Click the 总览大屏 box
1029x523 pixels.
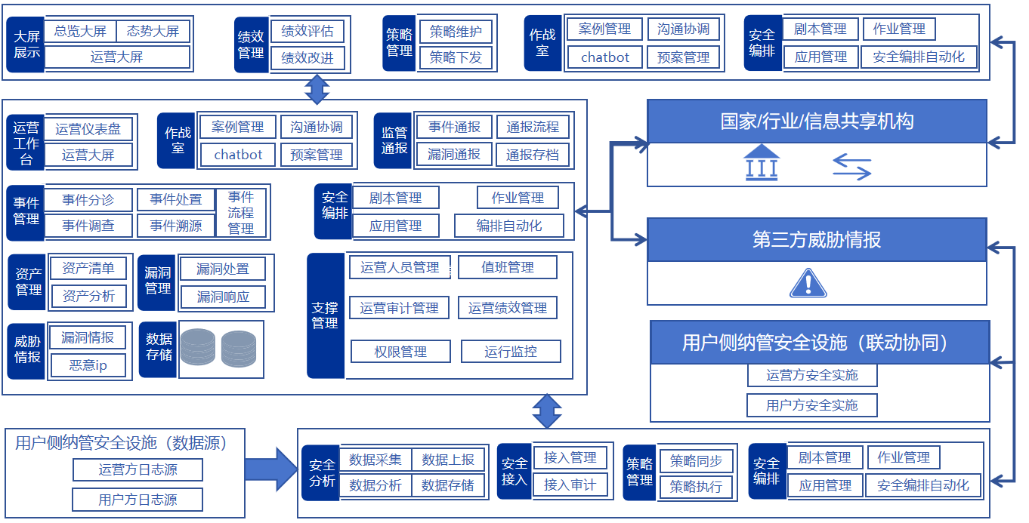[80, 32]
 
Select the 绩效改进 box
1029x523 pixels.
[307, 58]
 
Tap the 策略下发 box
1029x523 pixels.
[456, 57]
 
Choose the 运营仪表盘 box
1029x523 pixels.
[88, 129]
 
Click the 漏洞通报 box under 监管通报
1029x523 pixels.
[454, 155]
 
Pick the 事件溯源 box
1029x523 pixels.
[175, 226]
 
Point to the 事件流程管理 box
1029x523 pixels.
[241, 213]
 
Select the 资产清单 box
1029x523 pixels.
[88, 269]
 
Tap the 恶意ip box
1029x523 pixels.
[88, 366]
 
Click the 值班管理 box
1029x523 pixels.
[508, 267]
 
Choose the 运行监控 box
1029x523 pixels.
[511, 352]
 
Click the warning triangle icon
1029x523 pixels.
[808, 283]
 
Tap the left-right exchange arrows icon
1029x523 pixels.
[852, 167]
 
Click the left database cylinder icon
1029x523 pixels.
[198, 348]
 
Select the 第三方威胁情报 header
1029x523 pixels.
[817, 241]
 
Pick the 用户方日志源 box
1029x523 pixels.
[138, 500]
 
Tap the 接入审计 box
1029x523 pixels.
[570, 485]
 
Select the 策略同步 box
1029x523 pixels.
[696, 461]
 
